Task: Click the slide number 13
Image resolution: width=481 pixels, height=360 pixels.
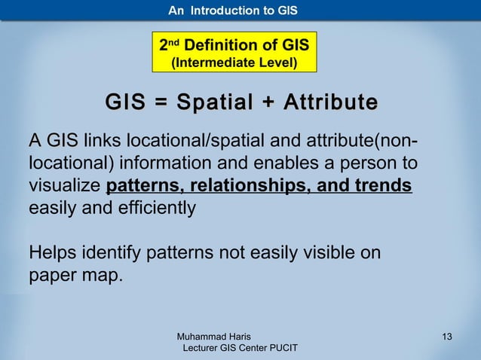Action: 447,336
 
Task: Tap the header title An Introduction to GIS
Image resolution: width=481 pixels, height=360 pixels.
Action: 233,11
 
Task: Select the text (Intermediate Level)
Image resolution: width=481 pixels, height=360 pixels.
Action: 234,63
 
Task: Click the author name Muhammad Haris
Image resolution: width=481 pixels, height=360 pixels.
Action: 213,336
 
